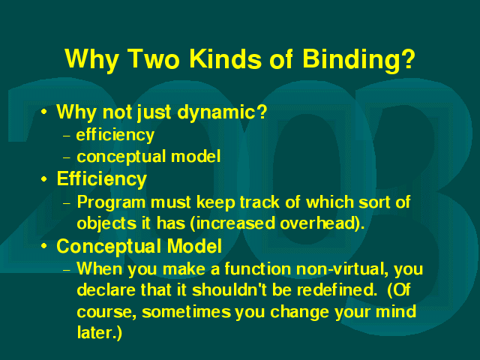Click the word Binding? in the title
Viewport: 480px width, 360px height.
click(358, 60)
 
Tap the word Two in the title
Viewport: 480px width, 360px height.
click(153, 58)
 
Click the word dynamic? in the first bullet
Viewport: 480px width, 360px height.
click(222, 112)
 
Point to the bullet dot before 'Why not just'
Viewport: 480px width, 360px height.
click(44, 112)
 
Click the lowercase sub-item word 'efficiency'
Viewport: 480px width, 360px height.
click(115, 135)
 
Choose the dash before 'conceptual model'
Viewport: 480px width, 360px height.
click(67, 157)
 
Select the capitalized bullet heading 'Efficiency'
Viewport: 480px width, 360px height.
click(102, 179)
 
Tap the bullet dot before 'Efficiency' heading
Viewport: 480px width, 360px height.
click(44, 178)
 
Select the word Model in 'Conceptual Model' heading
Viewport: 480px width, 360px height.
click(194, 246)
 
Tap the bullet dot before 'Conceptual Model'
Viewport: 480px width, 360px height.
click(44, 245)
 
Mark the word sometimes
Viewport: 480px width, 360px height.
click(187, 312)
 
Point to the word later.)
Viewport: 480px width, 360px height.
click(100, 332)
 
